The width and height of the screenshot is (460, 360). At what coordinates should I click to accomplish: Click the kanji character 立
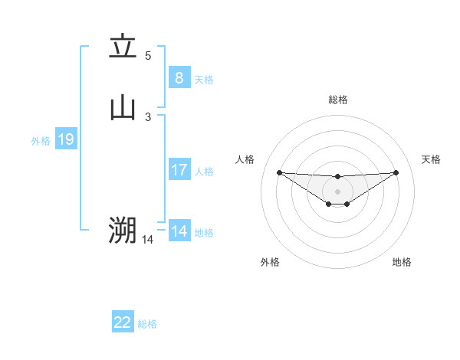point(123,47)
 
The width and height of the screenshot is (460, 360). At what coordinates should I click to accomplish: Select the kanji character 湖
point(123,229)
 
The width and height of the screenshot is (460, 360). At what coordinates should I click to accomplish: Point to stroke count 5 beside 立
point(148,55)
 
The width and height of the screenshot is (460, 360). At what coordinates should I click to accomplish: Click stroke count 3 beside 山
point(148,116)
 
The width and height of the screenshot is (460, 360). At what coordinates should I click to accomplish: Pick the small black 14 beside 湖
point(147,240)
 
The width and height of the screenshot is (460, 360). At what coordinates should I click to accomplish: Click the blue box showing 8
point(179,77)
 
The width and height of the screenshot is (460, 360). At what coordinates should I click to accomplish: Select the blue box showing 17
point(179,170)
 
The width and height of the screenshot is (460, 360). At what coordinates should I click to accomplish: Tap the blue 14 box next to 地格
point(179,231)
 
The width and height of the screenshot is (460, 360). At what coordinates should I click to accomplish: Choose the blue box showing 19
point(65,139)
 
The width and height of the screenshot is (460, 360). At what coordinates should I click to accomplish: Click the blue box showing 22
point(122,322)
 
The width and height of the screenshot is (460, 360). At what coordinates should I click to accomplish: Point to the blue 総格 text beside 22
point(147,324)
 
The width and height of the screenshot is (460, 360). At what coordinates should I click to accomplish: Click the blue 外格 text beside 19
point(41,141)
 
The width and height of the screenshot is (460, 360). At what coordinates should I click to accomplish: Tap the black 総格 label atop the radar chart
point(337,100)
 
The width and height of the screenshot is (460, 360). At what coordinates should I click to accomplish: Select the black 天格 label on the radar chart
point(431,159)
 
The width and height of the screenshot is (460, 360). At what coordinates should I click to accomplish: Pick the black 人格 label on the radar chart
point(245,159)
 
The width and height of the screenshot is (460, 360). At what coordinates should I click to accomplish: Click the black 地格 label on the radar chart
point(402,262)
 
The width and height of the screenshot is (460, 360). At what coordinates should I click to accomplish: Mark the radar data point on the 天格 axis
point(396,172)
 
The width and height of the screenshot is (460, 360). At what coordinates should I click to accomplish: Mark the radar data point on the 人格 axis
point(279,172)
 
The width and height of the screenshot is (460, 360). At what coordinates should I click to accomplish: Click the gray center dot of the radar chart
point(337,191)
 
